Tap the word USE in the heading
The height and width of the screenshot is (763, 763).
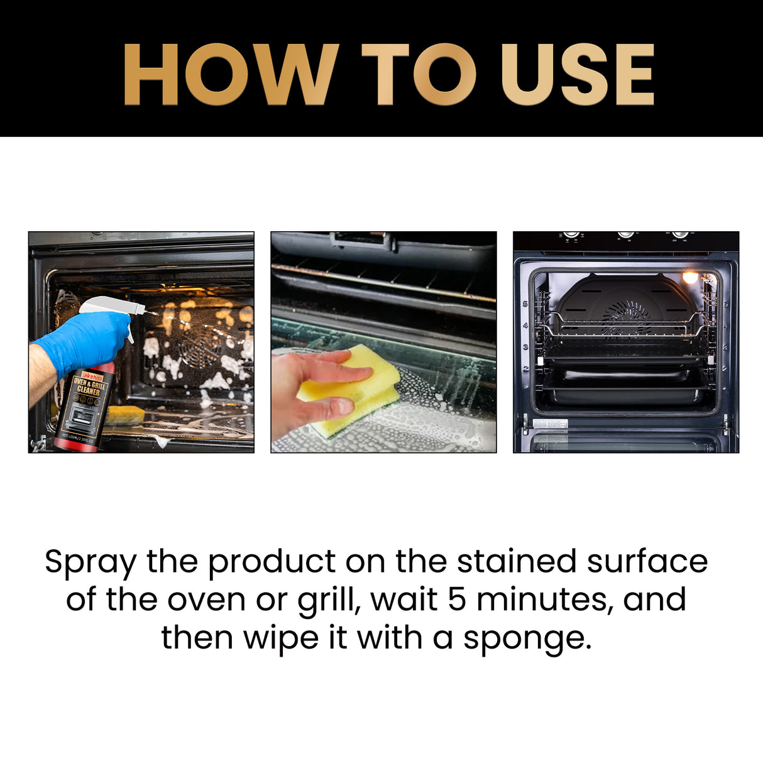click(577, 74)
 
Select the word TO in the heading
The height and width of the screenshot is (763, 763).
click(419, 74)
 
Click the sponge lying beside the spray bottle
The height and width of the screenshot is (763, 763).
click(125, 415)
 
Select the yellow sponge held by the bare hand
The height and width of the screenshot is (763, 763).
click(353, 390)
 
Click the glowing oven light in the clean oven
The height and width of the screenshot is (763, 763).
click(690, 277)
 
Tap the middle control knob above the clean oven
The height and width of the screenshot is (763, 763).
click(626, 234)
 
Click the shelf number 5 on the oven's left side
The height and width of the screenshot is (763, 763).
click(525, 304)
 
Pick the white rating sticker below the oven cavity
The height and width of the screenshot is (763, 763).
click(550, 424)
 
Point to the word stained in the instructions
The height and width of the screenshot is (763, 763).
click(516, 561)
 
